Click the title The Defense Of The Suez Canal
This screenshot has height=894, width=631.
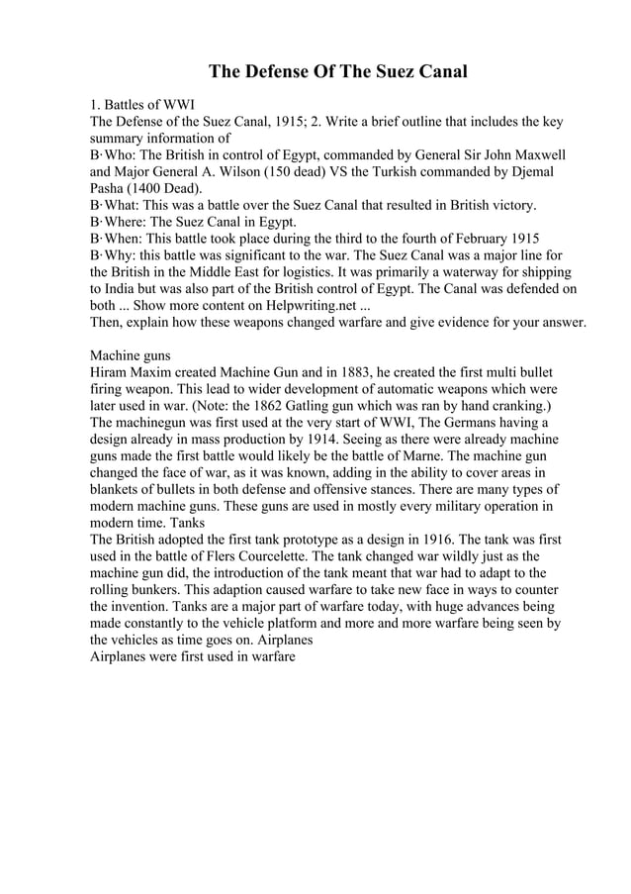pyautogui.click(x=336, y=72)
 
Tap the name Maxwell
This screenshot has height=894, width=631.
pyautogui.click(x=534, y=155)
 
